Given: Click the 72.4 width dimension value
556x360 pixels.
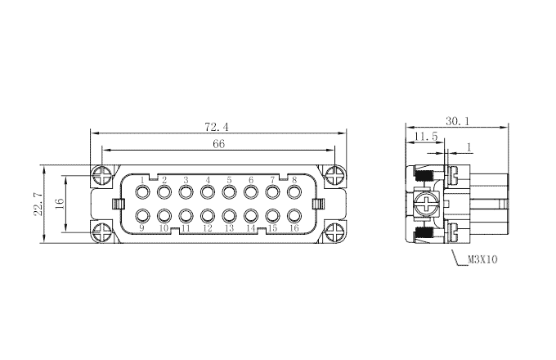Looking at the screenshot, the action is pyautogui.click(x=217, y=127).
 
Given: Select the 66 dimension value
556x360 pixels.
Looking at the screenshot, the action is pyautogui.click(x=219, y=144).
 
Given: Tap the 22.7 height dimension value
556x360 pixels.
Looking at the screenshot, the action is pyautogui.click(x=38, y=204).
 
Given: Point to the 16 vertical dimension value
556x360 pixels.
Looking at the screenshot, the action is pyautogui.click(x=60, y=203).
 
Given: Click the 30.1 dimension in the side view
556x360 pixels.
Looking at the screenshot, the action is pyautogui.click(x=457, y=121).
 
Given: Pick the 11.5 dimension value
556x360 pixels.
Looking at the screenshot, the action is pyautogui.click(x=426, y=136).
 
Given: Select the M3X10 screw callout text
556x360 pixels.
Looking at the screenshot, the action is pyautogui.click(x=482, y=259).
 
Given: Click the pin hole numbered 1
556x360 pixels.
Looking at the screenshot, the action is pyautogui.click(x=142, y=192).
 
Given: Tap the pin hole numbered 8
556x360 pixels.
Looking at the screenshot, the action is pyautogui.click(x=294, y=192).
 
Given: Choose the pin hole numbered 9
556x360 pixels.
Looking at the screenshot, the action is pyautogui.click(x=142, y=216).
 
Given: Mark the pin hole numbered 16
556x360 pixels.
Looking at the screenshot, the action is pyautogui.click(x=294, y=216).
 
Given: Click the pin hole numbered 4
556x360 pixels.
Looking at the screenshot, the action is pyautogui.click(x=208, y=192).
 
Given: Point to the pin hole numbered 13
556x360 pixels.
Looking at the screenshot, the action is pyautogui.click(x=229, y=216).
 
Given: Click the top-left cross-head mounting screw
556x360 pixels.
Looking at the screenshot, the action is pyautogui.click(x=102, y=176).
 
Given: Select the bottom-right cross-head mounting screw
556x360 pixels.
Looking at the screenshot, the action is pyautogui.click(x=334, y=233).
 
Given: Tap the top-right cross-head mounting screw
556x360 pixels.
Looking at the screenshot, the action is pyautogui.click(x=334, y=176).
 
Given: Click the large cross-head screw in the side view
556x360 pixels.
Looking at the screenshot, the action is pyautogui.click(x=427, y=204).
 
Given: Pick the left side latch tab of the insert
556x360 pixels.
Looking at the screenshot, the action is pyautogui.click(x=119, y=204).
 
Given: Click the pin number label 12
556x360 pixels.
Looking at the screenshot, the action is pyautogui.click(x=208, y=228).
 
